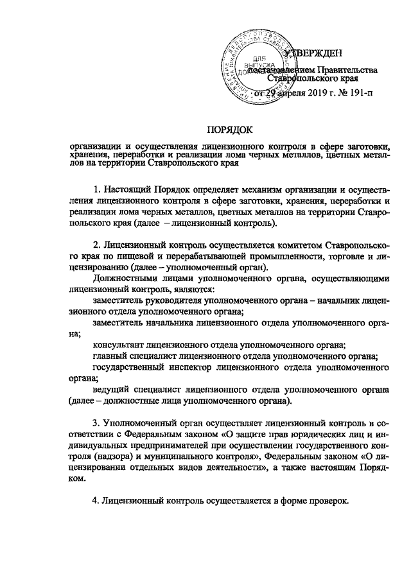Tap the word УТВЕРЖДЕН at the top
click(313, 52)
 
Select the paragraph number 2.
click(96, 245)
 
